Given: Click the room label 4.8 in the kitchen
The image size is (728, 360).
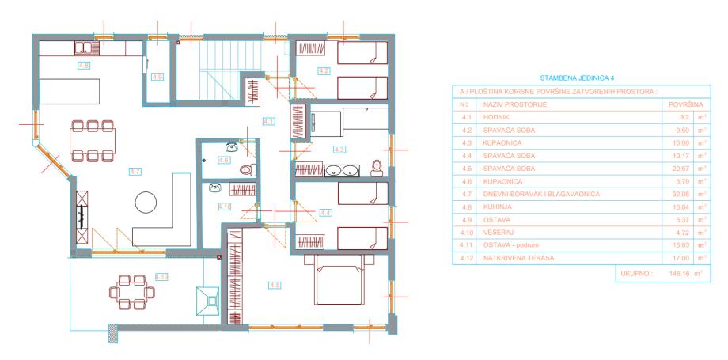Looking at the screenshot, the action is click(x=84, y=66).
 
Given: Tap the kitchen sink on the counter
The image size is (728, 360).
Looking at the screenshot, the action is click(x=87, y=47).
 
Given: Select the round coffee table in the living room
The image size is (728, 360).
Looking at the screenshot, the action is click(x=146, y=203).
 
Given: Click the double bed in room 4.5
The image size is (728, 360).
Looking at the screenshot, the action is click(x=339, y=279).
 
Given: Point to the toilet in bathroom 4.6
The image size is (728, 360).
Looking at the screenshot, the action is click(x=248, y=169).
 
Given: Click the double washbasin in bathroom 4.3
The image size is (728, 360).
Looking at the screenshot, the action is click(x=341, y=170).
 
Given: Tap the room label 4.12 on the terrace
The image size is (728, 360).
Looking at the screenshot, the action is click(x=161, y=277).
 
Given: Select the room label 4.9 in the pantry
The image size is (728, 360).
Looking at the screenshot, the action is click(x=157, y=77).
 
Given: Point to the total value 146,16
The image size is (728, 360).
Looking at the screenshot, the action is click(x=679, y=274).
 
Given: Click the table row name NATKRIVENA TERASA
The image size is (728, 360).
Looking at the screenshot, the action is click(x=518, y=258).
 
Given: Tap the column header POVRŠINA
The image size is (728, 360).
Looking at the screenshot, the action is click(x=686, y=104).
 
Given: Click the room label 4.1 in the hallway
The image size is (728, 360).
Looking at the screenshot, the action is click(x=269, y=122).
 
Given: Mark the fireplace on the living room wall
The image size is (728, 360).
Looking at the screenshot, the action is click(x=82, y=217).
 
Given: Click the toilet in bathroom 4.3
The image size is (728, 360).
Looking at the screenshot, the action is click(x=377, y=169).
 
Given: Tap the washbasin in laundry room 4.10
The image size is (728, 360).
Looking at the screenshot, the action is click(x=214, y=188).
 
